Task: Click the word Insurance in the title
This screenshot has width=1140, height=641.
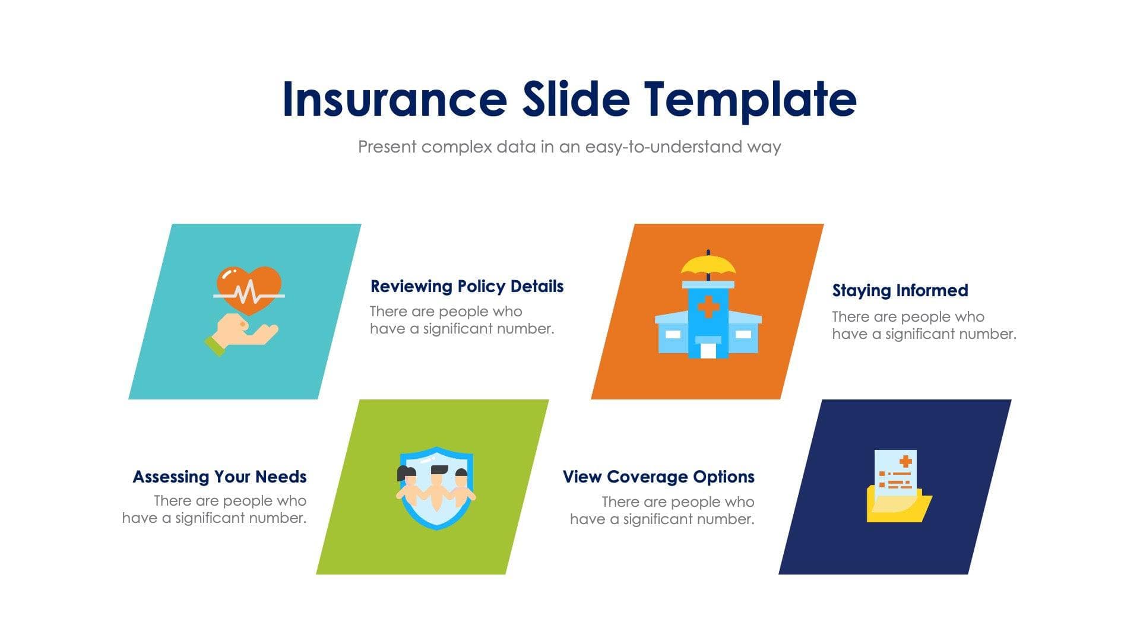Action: pyautogui.click(x=394, y=99)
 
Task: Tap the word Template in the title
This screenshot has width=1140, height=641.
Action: pyautogui.click(x=750, y=99)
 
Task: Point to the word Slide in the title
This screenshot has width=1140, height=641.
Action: pyautogui.click(x=575, y=99)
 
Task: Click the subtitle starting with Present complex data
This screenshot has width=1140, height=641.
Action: pyautogui.click(x=569, y=147)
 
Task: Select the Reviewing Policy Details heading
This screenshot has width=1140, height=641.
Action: pyautogui.click(x=467, y=286)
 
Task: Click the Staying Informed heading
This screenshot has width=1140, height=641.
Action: pyautogui.click(x=900, y=290)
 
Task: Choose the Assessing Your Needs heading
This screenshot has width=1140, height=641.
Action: pyautogui.click(x=220, y=477)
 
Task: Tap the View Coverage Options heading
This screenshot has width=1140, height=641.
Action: pyautogui.click(x=658, y=477)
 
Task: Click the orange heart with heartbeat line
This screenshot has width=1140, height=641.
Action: pyautogui.click(x=249, y=289)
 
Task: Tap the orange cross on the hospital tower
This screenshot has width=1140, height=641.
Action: pyautogui.click(x=708, y=307)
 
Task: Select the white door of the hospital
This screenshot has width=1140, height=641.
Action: pyautogui.click(x=708, y=350)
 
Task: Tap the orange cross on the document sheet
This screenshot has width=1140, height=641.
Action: pyautogui.click(x=905, y=461)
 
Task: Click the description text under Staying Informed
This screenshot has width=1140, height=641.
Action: pyautogui.click(x=923, y=325)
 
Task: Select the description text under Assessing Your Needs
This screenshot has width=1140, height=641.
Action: pyautogui.click(x=215, y=509)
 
